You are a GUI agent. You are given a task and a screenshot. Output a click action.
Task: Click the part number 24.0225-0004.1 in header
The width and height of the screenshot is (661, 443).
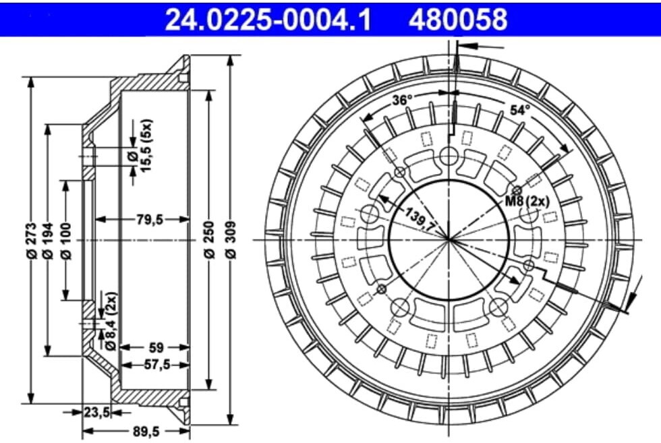pos(268,20)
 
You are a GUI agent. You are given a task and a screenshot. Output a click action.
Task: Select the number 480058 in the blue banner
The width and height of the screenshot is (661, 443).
pos(457,20)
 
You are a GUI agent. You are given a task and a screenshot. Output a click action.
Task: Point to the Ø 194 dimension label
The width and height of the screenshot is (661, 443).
pos(47,239)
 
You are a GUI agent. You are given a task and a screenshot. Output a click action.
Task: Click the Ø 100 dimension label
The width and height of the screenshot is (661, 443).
pos(65,239)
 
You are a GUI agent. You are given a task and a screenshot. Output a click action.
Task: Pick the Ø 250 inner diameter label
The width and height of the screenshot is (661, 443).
pos(209,239)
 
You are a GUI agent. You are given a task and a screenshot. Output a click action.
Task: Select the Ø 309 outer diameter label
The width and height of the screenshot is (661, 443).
pos(231,239)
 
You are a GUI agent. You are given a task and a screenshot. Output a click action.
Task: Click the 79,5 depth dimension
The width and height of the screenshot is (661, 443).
pos(142,219)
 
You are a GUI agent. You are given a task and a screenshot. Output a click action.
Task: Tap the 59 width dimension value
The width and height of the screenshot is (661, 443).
pos(156,348)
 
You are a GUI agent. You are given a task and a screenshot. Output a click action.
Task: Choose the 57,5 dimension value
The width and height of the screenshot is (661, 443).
pos(156,365)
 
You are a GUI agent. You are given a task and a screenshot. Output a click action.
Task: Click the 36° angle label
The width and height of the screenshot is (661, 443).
pos(402,100)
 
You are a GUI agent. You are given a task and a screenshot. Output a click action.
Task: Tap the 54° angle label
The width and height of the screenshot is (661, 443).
pos(519,109)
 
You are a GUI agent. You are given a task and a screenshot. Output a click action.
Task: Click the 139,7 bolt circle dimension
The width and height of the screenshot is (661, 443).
pos(420,220)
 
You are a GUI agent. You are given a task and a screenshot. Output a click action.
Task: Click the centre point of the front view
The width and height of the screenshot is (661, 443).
pos(449,239)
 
